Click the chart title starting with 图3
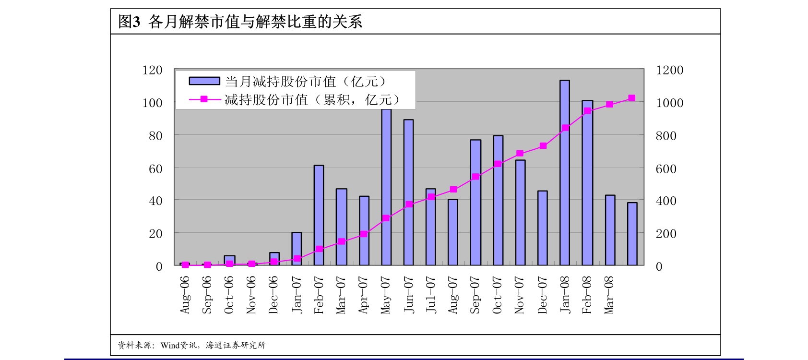coord(240,22)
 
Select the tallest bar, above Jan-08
coord(565,173)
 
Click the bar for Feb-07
coord(319,216)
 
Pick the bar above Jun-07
coord(408,192)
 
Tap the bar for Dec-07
coord(543,228)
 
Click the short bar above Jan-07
coord(297,249)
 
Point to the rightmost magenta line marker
coord(631,98)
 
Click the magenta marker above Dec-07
coord(543,146)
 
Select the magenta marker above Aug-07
coord(453,190)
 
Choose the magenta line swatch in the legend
coord(204,99)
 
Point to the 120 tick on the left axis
coord(152,70)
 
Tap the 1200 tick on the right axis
coord(669,70)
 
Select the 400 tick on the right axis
coord(666,201)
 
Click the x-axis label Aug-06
coord(185,295)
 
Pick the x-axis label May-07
coord(386,295)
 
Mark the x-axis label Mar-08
coord(609,295)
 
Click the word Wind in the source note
coord(170,346)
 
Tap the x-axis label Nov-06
coord(251,295)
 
